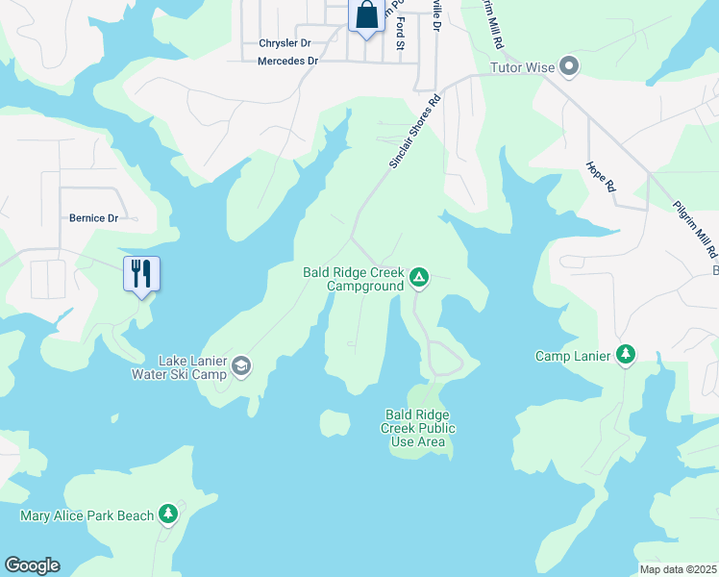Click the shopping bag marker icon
(366, 16)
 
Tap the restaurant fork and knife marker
(141, 274)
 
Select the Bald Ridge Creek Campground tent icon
(419, 279)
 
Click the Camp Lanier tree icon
(626, 356)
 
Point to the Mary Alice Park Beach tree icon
(169, 515)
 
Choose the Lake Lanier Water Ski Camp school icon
(240, 365)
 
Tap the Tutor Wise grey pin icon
(569, 66)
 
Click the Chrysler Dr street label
(285, 43)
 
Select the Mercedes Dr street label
(287, 61)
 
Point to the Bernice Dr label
(93, 218)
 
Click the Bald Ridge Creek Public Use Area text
(418, 428)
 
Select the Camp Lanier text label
(573, 357)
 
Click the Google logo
(32, 565)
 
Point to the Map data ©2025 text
(678, 569)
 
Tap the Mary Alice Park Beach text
(87, 516)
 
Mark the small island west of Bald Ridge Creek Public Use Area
(335, 422)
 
